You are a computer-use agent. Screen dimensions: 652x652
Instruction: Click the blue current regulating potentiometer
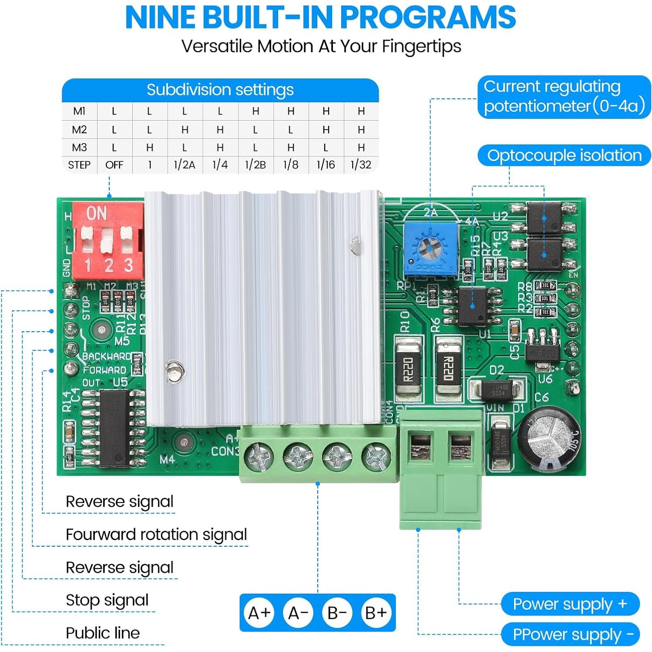point(430,250)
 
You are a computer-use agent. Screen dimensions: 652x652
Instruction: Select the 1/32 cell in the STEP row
point(361,165)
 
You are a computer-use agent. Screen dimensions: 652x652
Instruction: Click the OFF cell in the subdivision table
point(114,165)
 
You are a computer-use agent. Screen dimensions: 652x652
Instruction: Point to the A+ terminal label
point(259,613)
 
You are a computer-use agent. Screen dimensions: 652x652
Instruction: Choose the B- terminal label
point(337,613)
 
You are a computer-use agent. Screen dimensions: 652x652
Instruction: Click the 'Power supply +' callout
point(570,604)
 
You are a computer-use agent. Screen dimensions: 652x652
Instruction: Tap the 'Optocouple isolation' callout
point(564,155)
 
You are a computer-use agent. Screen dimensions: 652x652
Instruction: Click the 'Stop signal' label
point(107,600)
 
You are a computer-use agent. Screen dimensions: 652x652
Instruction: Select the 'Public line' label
point(103,633)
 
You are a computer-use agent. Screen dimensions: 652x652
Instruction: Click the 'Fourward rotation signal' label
point(156,534)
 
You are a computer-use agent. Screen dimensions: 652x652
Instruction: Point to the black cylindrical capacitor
point(549,439)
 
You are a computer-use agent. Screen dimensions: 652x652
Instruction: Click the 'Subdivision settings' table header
point(220,90)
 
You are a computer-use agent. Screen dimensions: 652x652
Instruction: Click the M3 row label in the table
point(79,148)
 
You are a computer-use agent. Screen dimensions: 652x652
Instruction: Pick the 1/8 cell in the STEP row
point(291,165)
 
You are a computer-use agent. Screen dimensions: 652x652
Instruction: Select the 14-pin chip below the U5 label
point(114,428)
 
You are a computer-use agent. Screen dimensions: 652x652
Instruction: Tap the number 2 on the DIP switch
point(108,265)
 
